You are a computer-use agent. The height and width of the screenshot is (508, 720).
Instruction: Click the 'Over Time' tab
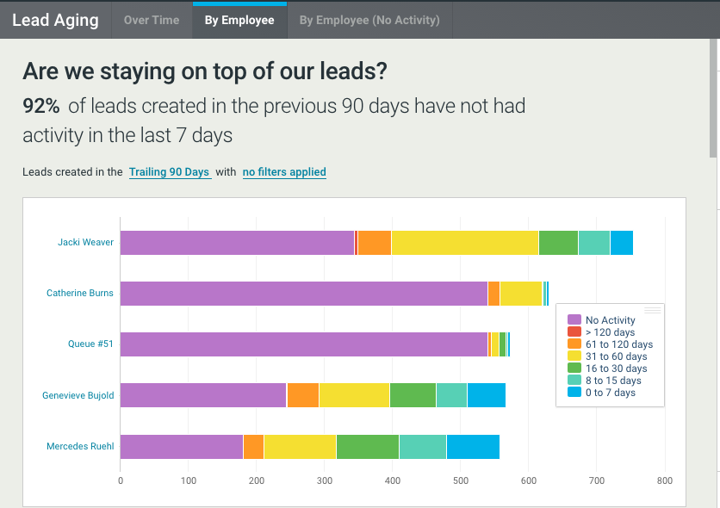[x=152, y=21]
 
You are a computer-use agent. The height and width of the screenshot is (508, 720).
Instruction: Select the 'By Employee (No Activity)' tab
[x=369, y=21]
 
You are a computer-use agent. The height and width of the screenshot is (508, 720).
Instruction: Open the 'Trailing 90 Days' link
[x=170, y=172]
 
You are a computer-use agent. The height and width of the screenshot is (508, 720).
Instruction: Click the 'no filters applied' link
[x=284, y=172]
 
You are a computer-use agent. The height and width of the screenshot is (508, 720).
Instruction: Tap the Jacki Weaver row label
[x=85, y=243]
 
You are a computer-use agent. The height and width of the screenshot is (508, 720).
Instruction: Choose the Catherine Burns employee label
[x=79, y=294]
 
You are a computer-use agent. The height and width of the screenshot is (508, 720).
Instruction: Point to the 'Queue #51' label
[x=90, y=344]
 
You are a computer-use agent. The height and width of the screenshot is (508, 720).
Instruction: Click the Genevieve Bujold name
[x=78, y=396]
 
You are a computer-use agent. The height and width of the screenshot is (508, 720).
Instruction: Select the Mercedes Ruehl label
[x=79, y=447]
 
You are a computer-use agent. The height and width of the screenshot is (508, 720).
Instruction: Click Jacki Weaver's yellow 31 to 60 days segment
[x=465, y=243]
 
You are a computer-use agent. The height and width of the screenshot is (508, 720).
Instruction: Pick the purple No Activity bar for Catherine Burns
[x=303, y=294]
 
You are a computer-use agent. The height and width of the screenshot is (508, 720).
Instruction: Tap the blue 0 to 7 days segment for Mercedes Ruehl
[x=473, y=447]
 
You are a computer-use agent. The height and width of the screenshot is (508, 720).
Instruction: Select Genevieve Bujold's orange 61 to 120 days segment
[x=302, y=396]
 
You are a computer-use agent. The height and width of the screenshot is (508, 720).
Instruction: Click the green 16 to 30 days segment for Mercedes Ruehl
[x=368, y=447]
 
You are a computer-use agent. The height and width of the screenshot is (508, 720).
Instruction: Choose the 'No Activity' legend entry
[x=610, y=320]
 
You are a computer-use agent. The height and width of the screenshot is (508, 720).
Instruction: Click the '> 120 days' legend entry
[x=610, y=332]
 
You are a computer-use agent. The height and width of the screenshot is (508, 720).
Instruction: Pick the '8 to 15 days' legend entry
[x=612, y=381]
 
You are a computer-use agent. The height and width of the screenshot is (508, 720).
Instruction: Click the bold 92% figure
[x=41, y=106]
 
